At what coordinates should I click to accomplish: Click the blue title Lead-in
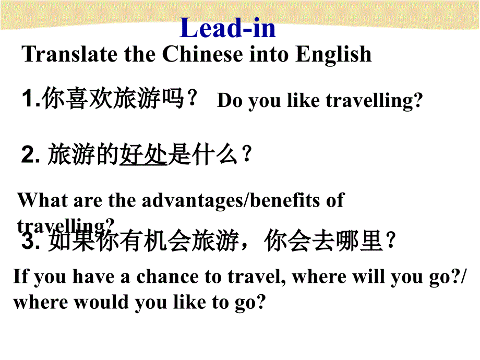click(227, 28)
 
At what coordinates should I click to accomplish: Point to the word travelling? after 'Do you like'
click(374, 101)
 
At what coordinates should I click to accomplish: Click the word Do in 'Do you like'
click(230, 101)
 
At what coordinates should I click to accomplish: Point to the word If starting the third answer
click(20, 276)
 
